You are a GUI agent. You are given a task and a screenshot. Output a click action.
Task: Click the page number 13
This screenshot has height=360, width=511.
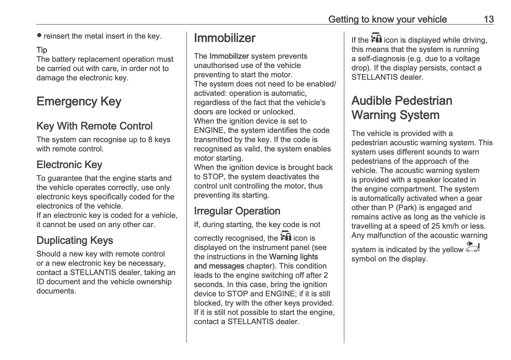488,19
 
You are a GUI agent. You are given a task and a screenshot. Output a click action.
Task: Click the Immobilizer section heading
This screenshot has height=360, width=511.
224,38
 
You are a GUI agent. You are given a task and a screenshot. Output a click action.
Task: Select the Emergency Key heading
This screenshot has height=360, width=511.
79,101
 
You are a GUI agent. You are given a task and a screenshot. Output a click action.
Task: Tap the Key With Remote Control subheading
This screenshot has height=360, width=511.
94,126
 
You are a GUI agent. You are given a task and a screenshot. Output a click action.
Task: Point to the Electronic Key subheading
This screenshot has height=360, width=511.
69,165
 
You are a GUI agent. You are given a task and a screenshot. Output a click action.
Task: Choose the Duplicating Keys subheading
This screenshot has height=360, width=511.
75,240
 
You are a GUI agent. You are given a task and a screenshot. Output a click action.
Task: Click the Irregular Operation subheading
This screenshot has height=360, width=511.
237,211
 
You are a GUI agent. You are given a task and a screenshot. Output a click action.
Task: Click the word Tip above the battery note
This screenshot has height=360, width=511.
42,50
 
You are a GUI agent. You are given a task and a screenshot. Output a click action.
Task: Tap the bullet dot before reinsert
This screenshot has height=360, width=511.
39,36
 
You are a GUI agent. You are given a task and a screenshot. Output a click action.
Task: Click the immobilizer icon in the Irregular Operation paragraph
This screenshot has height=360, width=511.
286,236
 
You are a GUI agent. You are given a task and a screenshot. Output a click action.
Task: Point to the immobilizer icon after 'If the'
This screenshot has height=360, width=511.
376,38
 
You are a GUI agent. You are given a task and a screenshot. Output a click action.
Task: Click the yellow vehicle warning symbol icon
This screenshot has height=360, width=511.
473,247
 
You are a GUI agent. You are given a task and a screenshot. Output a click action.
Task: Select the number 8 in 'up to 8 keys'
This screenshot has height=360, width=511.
150,140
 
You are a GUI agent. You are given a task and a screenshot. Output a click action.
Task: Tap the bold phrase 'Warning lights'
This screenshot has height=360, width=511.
293,257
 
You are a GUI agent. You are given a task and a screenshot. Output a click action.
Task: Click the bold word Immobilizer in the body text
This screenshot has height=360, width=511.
229,56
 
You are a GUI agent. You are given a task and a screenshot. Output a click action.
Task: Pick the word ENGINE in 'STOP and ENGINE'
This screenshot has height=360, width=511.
281,294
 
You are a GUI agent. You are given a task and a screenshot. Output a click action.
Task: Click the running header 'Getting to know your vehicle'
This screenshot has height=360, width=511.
387,19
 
